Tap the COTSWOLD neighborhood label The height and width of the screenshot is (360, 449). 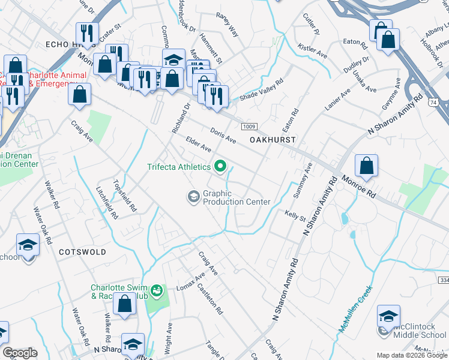click(x=82, y=253)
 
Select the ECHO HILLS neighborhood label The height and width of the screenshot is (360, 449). click(x=62, y=44)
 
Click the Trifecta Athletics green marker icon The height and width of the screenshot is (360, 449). click(x=221, y=167)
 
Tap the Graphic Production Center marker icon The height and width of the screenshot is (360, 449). click(x=194, y=197)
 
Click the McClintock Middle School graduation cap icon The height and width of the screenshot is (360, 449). click(x=388, y=316)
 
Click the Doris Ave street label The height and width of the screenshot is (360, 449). click(x=223, y=136)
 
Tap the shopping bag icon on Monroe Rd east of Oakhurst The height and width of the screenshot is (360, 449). click(x=366, y=166)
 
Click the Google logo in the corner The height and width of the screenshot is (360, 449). click(x=20, y=353)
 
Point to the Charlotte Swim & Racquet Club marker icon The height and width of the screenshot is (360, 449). click(x=157, y=291)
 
